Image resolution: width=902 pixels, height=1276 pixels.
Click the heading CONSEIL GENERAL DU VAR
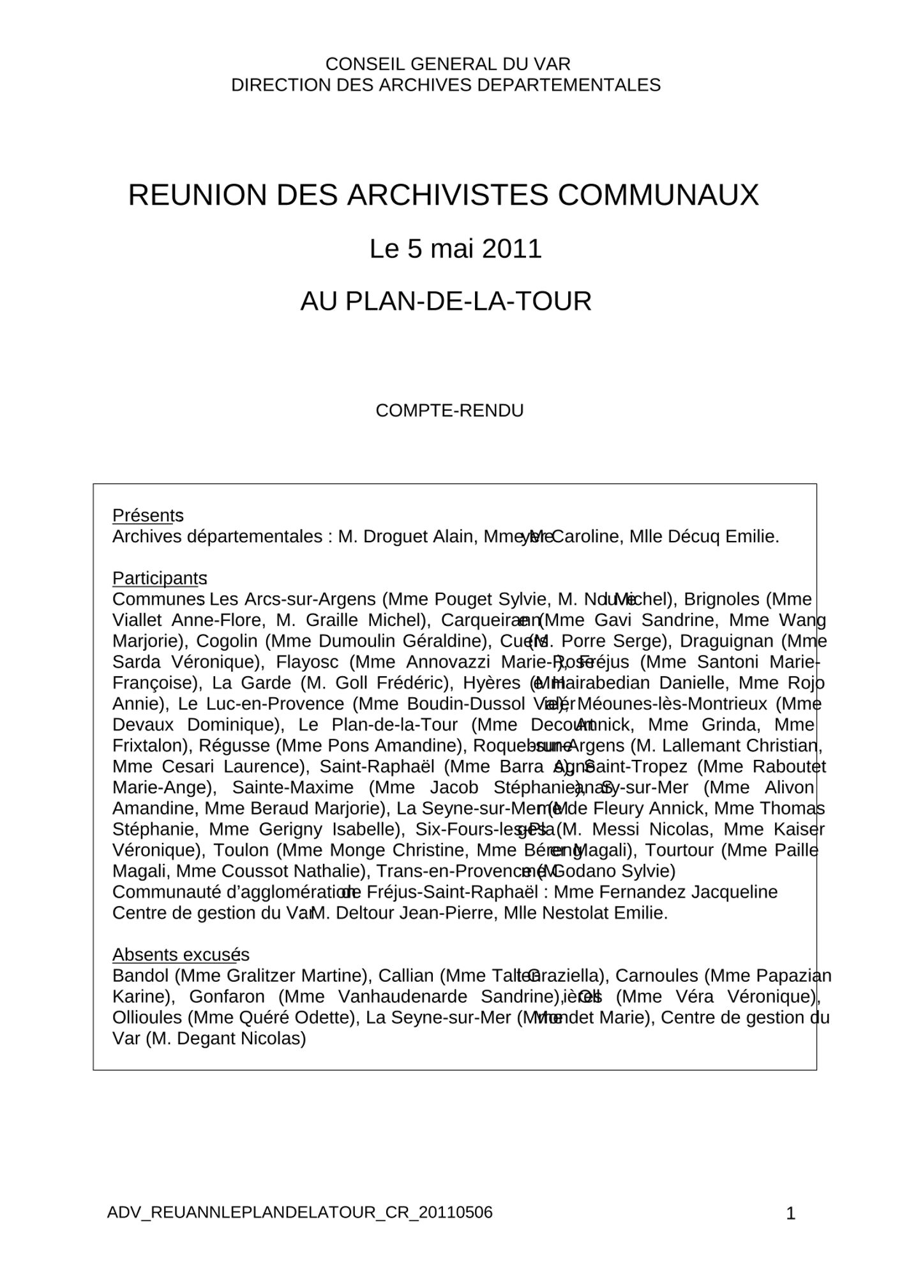[x=447, y=64]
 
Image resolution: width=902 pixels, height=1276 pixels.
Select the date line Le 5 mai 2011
[x=455, y=249]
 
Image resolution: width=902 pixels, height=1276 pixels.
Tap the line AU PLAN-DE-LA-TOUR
[x=446, y=302]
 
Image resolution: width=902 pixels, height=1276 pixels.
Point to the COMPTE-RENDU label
[x=449, y=411]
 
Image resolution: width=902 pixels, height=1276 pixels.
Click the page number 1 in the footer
[x=790, y=1213]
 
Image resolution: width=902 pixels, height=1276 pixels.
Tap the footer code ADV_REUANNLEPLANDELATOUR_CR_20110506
[x=300, y=1212]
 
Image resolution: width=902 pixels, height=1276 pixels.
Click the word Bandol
[x=140, y=976]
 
